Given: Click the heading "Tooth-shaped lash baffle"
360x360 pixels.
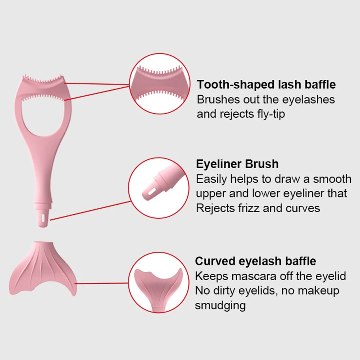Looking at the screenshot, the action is tap(266, 85).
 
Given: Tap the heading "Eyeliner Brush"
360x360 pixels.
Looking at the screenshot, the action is tap(237, 164).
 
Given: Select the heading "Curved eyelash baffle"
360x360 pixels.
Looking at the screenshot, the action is tap(255, 261).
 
